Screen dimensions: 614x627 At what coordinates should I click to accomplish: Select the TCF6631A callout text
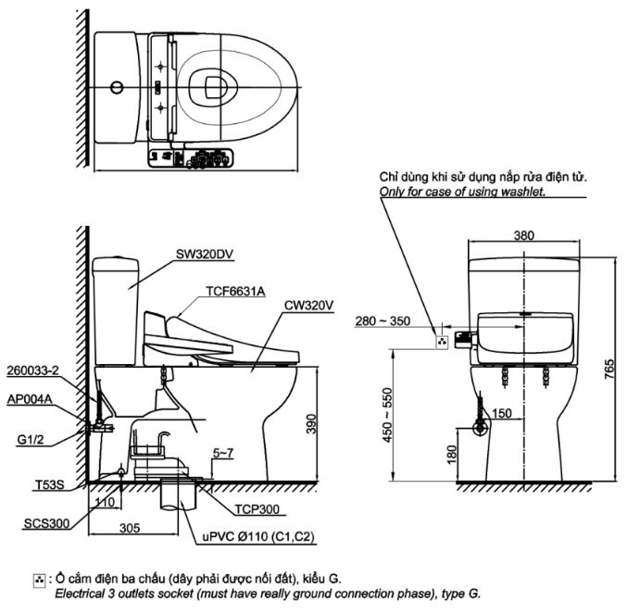235,292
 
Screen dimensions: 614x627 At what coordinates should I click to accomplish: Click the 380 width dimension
523,235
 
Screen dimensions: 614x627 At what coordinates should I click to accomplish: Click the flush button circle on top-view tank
116,89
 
